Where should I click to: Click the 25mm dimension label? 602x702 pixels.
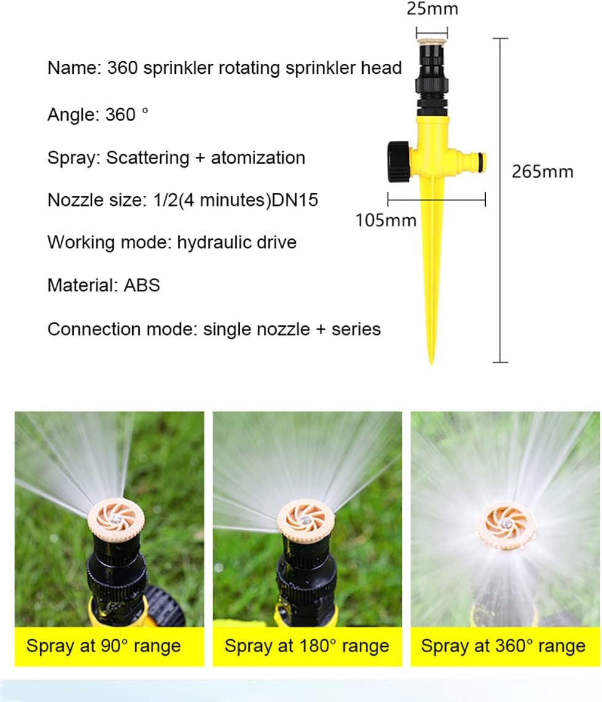click(x=432, y=9)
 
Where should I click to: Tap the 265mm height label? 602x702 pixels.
click(x=542, y=172)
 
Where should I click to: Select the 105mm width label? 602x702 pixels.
click(x=386, y=219)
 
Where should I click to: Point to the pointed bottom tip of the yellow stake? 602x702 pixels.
click(x=431, y=361)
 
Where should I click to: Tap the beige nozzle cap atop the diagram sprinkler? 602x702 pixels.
click(x=432, y=42)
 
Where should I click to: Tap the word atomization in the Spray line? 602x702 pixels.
click(x=258, y=158)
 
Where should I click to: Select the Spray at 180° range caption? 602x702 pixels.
click(x=307, y=646)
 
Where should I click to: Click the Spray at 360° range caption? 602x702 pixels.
click(x=503, y=646)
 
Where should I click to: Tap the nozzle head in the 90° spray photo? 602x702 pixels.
click(x=114, y=522)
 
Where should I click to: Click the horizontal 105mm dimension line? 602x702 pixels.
click(x=437, y=199)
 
